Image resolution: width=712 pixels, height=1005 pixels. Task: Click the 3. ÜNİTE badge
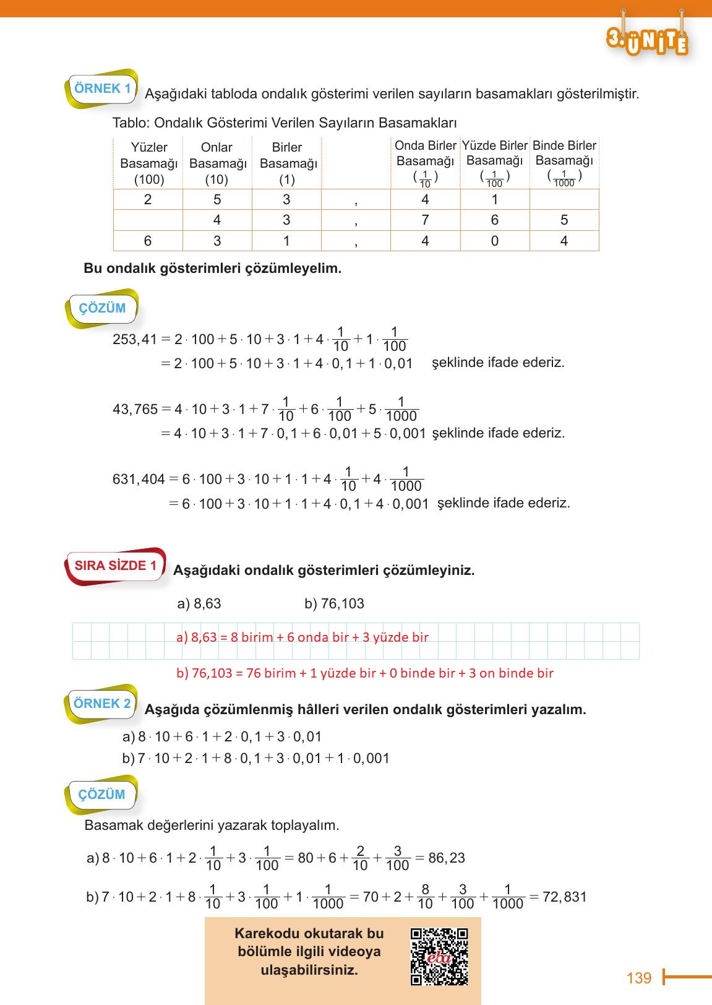tap(648, 40)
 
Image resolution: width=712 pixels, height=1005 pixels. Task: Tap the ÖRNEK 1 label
tap(102, 88)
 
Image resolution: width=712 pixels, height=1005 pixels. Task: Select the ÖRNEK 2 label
tap(102, 704)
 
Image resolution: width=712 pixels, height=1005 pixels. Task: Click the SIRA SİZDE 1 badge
tap(116, 566)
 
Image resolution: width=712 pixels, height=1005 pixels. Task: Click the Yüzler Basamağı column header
tap(148, 163)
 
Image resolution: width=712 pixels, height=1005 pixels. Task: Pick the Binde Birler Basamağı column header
tap(564, 162)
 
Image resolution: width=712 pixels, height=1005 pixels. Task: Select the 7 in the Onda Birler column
tap(425, 220)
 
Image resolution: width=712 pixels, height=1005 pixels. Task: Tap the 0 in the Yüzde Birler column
tap(494, 241)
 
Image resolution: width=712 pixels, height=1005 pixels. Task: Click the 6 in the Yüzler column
tap(147, 241)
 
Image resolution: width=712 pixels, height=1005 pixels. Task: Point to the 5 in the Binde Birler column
tap(564, 220)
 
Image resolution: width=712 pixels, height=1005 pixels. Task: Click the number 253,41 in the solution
tap(135, 339)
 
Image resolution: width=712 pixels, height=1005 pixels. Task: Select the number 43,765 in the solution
tap(135, 409)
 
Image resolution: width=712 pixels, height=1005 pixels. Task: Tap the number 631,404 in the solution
tap(139, 479)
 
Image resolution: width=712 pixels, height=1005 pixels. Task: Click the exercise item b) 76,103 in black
tap(334, 603)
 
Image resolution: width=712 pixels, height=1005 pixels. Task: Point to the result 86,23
tap(446, 858)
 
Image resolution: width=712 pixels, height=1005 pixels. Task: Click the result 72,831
tap(564, 897)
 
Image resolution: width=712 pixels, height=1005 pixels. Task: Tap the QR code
tap(439, 956)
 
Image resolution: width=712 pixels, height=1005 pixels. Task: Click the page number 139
tap(638, 978)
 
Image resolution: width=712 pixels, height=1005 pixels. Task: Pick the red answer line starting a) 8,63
tap(302, 637)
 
